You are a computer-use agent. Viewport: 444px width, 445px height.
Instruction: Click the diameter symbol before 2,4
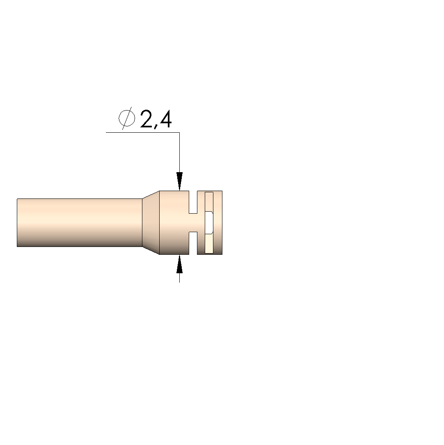click(127, 118)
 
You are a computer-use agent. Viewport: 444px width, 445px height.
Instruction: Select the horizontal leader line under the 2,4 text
click(142, 133)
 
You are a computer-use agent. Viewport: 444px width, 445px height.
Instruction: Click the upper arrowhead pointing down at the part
click(179, 181)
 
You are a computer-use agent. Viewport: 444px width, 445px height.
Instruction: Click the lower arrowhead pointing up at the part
click(179, 264)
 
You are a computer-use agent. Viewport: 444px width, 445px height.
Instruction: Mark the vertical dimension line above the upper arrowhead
click(179, 152)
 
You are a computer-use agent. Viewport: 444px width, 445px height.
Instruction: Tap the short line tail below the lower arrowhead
click(179, 278)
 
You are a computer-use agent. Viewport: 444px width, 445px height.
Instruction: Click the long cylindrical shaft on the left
click(80, 223)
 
